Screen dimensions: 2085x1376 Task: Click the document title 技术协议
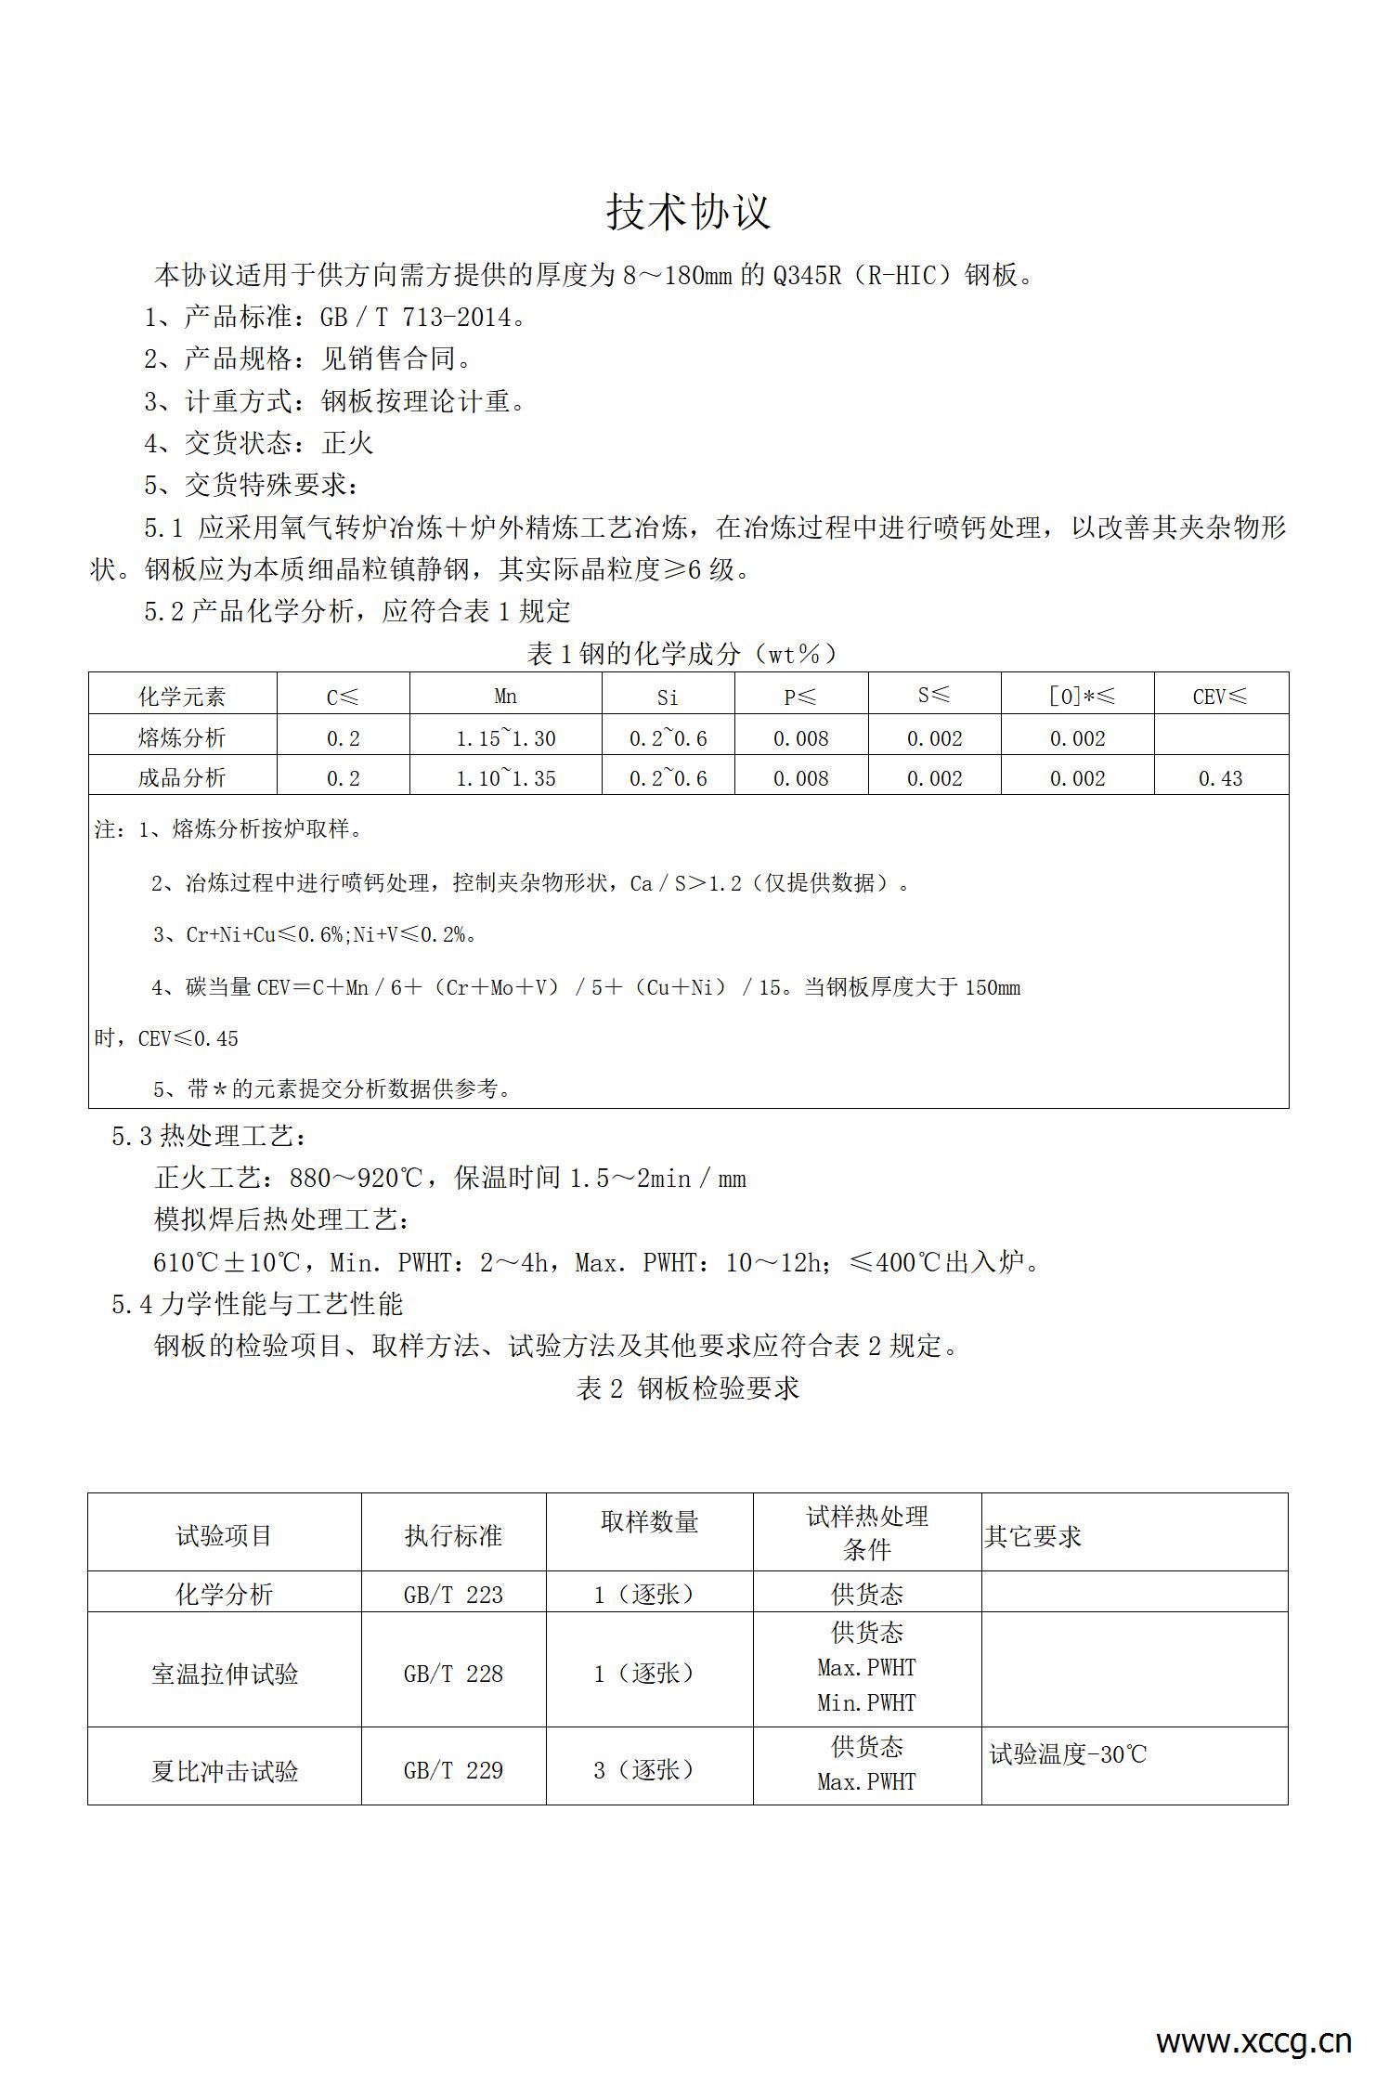tap(688, 212)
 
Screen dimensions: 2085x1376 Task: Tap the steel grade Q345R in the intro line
tap(807, 276)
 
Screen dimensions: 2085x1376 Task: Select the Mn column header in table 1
tap(505, 696)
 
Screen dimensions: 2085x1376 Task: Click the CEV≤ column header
tap(1220, 697)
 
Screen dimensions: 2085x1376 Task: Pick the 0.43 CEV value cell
tap(1220, 778)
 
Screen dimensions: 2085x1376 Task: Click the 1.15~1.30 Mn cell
tap(505, 738)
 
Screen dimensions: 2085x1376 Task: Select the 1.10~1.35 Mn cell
tap(505, 778)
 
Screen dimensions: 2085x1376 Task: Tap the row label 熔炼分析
tap(182, 738)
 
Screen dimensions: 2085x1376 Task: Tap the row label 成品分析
tap(182, 778)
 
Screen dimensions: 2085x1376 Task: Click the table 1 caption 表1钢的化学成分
tap(682, 654)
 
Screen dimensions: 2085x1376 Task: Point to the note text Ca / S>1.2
tap(685, 883)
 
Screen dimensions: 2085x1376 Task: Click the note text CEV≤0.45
tap(188, 1038)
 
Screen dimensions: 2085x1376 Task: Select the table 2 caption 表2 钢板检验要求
tap(687, 1388)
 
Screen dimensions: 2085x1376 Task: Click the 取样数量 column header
tap(649, 1522)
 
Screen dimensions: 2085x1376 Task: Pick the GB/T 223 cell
tap(453, 1595)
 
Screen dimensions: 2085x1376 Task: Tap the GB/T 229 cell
tap(453, 1770)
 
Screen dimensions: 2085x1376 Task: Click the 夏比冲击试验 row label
tap(225, 1771)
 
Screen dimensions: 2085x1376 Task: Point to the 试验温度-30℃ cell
tap(1068, 1754)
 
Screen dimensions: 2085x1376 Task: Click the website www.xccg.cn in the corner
tap(1253, 2040)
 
